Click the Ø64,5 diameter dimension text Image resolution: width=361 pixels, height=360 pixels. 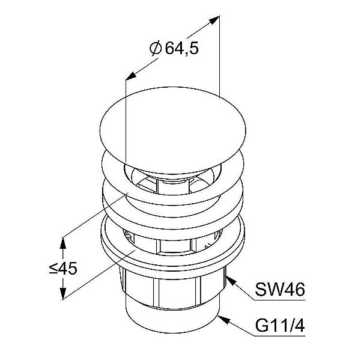click(174, 49)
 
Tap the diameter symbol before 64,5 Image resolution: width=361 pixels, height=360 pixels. click(156, 49)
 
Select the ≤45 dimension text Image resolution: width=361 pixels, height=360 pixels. click(63, 269)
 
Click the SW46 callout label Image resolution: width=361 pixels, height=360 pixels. click(280, 290)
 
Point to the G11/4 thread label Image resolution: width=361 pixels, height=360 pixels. click(280, 326)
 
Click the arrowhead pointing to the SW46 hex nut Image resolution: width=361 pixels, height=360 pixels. click(231, 281)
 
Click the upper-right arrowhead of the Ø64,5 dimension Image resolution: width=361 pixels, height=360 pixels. click(213, 19)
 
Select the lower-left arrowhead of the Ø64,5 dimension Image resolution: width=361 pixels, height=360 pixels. click(131, 76)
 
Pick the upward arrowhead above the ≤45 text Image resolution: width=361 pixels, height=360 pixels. click(62, 243)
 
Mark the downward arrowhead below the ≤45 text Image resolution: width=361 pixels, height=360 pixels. click(62, 293)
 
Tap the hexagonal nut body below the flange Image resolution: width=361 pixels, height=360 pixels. click(172, 289)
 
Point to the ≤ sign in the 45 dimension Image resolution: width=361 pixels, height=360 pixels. click(53, 269)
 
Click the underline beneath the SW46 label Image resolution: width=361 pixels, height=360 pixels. click(279, 300)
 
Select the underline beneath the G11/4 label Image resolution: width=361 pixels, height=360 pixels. click(279, 336)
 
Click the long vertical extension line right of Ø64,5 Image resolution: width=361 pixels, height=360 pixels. click(219, 56)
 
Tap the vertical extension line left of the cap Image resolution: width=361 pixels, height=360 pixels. click(126, 120)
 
